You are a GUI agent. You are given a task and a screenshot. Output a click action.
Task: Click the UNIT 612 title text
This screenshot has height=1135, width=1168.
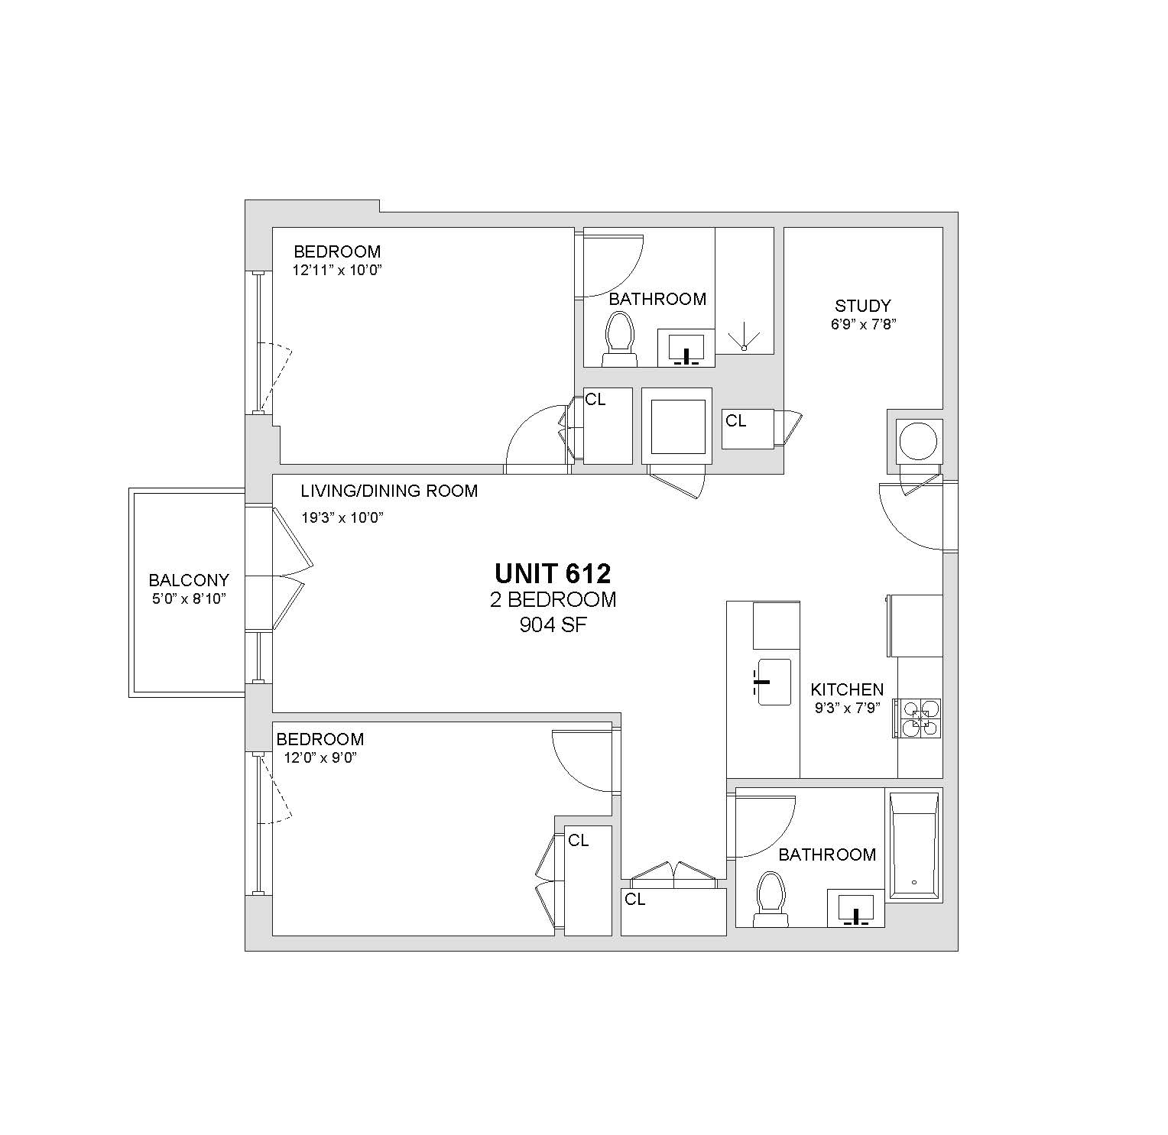click(x=553, y=573)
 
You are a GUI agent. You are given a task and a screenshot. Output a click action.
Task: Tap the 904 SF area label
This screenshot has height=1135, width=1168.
click(x=553, y=625)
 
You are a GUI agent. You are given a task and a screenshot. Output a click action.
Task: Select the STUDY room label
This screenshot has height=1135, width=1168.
click(x=863, y=306)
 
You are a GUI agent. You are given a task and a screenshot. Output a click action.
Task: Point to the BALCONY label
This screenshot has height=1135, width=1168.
click(x=189, y=581)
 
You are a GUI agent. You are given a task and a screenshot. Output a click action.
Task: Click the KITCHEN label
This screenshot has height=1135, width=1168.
click(x=847, y=689)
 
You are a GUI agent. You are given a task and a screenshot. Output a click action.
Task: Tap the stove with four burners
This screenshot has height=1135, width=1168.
click(x=920, y=718)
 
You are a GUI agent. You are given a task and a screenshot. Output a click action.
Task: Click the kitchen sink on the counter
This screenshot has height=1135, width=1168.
click(x=774, y=682)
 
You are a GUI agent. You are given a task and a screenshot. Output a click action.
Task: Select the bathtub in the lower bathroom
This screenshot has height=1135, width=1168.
click(x=913, y=844)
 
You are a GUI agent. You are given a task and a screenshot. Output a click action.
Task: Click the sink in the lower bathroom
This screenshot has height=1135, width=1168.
click(x=856, y=908)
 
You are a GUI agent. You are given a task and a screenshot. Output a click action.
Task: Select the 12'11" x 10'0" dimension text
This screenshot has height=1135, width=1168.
click(x=336, y=270)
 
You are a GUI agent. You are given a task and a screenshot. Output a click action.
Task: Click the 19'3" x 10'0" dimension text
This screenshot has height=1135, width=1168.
click(x=342, y=517)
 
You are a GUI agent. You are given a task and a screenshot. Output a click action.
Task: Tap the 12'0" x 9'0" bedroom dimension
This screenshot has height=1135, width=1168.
click(x=321, y=757)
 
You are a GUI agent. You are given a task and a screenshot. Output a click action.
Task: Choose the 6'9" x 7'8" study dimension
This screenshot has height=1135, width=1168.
click(x=864, y=323)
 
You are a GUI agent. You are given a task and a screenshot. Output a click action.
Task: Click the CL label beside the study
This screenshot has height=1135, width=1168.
click(x=736, y=421)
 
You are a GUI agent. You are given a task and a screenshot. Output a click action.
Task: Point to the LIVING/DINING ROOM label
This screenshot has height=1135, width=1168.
click(x=389, y=491)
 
